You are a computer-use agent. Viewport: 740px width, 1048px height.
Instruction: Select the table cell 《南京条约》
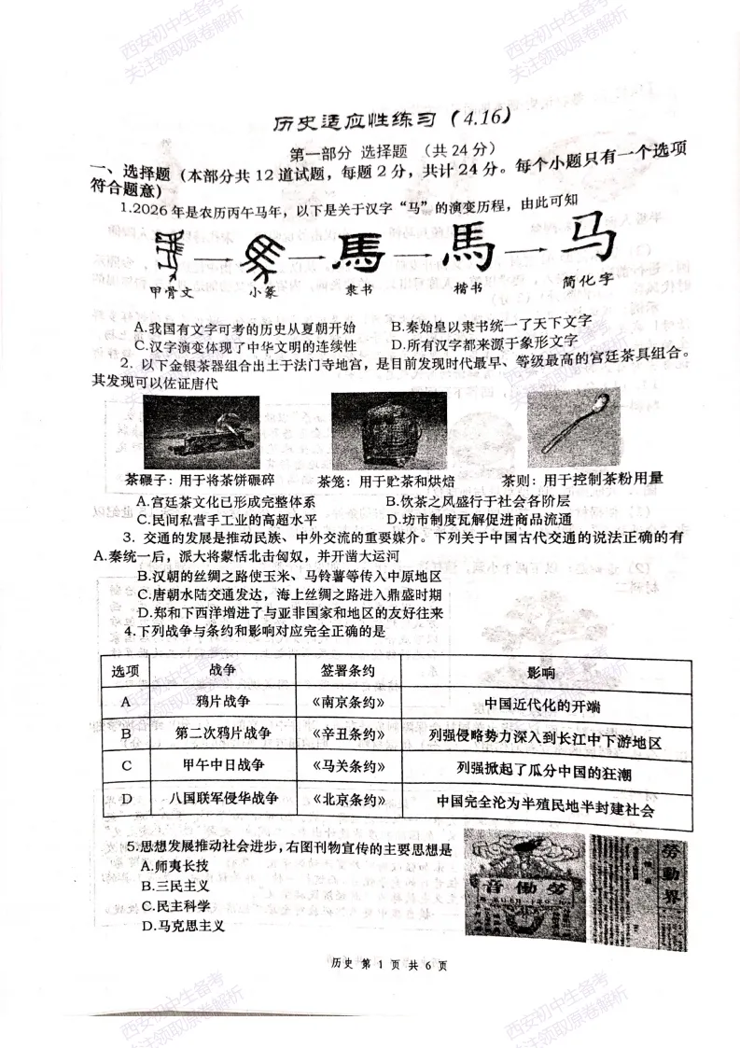coord(344,702)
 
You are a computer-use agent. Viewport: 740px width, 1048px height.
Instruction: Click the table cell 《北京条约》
coord(344,799)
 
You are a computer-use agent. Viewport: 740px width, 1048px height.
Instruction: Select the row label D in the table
coord(125,799)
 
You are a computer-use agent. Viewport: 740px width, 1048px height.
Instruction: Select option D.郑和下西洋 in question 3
coord(289,613)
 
